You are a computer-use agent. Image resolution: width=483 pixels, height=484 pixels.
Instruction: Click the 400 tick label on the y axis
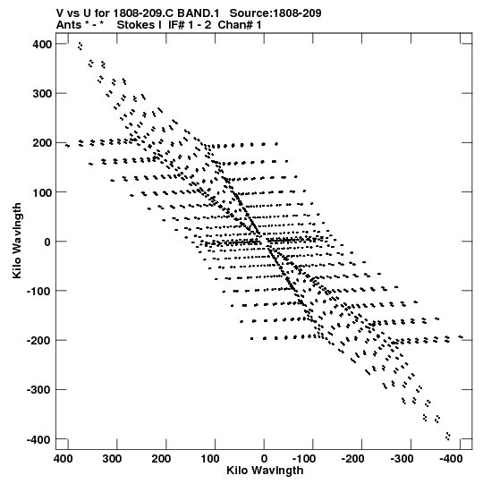[x=42, y=45]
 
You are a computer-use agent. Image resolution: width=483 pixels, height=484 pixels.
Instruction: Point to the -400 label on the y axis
[x=39, y=439]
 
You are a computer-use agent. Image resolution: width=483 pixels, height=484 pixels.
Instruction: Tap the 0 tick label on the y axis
[x=47, y=242]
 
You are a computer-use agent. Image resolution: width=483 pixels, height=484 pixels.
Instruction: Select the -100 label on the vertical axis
[x=39, y=291]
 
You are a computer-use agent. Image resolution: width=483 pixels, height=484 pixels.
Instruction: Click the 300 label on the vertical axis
[x=42, y=94]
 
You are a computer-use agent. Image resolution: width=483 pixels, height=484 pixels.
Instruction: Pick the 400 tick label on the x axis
[x=64, y=459]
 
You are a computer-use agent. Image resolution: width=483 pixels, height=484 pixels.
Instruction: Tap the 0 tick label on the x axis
[x=264, y=459]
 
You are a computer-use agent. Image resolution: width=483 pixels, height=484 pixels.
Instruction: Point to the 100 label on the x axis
[x=210, y=459]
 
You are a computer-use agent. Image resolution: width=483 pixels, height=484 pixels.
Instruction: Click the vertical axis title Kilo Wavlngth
[x=17, y=241]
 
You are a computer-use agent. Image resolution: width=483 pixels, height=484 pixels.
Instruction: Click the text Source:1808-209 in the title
[x=275, y=13]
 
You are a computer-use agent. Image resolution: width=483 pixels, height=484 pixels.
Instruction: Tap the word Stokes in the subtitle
[x=137, y=25]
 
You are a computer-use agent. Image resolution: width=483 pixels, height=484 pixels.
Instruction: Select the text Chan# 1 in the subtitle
[x=240, y=25]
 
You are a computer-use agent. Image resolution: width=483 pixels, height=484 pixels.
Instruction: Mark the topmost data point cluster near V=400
[x=80, y=47]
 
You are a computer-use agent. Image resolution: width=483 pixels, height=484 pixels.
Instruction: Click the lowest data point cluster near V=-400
[x=448, y=436]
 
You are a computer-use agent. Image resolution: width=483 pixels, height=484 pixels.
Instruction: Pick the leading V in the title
[x=60, y=13]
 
